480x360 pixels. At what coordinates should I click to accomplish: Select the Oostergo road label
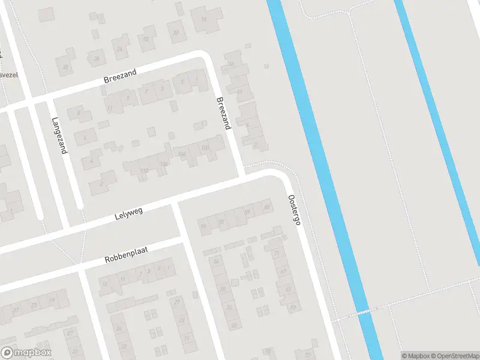pos(293,209)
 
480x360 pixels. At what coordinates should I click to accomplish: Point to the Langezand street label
pos(59,135)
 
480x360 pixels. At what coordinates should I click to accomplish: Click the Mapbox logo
pos(26,353)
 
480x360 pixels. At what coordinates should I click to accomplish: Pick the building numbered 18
pos(203,19)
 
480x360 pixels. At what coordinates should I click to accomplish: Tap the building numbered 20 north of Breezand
pos(176,32)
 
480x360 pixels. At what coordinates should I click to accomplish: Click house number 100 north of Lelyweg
pos(205,148)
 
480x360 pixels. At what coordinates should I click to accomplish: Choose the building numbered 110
pos(144,171)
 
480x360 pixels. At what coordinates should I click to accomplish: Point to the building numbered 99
pos(203,226)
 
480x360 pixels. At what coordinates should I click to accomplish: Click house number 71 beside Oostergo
pos(277,254)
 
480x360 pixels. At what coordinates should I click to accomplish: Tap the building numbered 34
pos(216,262)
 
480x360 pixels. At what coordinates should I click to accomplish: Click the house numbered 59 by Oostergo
pos(293,307)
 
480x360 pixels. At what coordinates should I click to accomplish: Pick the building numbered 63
pos(288,289)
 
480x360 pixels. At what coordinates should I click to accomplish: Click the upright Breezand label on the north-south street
pos(223,113)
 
